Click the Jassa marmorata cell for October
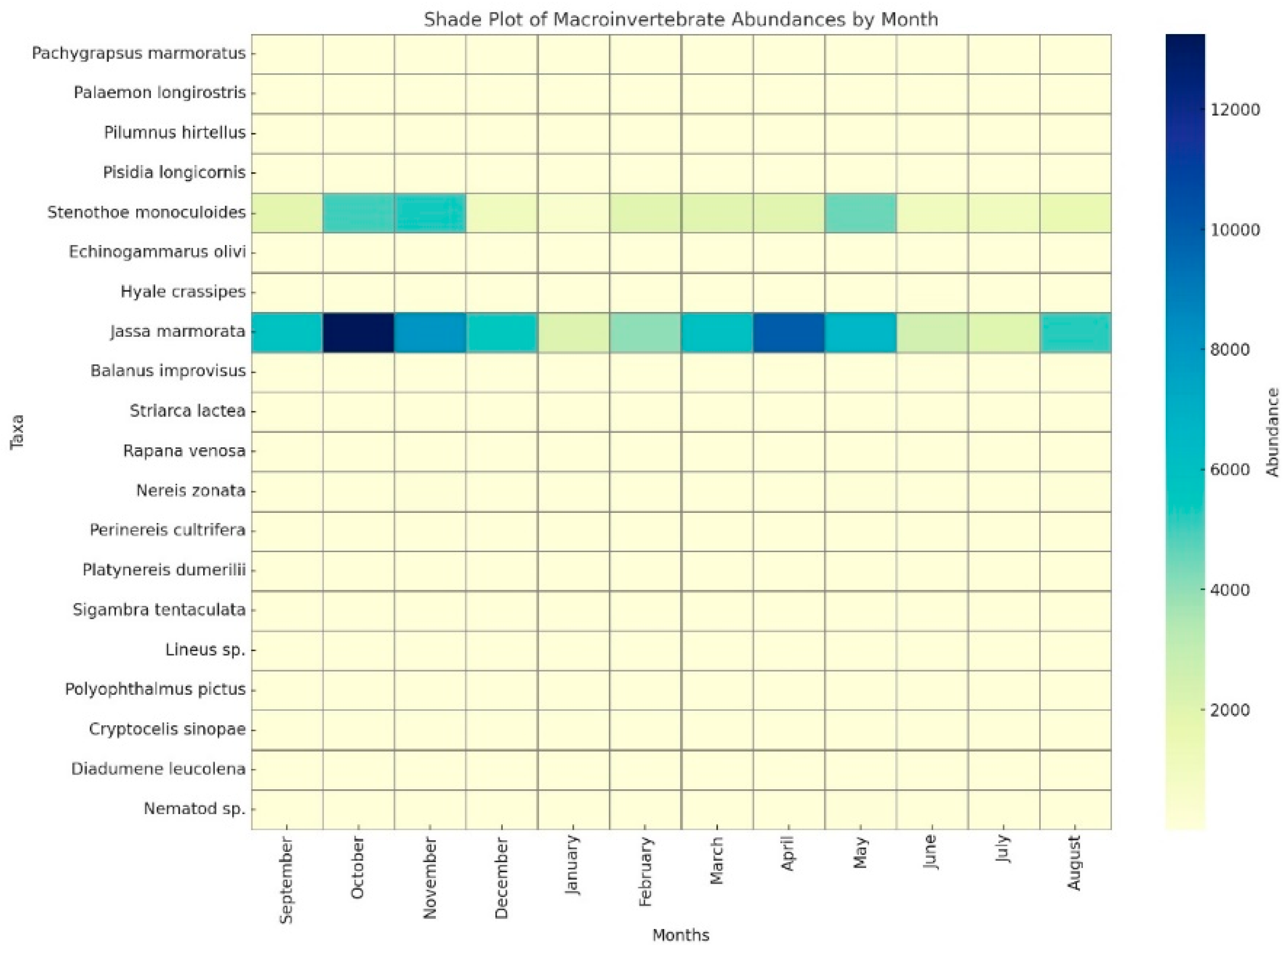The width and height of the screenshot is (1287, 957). click(x=358, y=332)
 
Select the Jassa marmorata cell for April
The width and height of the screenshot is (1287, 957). click(x=788, y=332)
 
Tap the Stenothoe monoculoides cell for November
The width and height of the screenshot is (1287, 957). click(x=430, y=212)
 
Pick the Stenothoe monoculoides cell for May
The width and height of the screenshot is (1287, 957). click(x=860, y=212)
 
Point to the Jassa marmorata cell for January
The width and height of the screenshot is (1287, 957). click(x=573, y=332)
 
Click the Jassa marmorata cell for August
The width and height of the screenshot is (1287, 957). click(x=1075, y=332)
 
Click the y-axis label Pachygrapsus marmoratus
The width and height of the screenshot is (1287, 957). click(x=139, y=53)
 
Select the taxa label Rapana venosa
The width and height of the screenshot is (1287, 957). click(x=184, y=451)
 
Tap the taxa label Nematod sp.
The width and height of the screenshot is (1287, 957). click(x=194, y=809)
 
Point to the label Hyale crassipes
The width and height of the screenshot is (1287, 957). click(x=183, y=292)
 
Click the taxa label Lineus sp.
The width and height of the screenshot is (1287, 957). click(x=205, y=649)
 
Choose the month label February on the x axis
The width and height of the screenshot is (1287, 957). click(x=645, y=872)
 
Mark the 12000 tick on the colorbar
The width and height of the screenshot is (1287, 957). click(x=1235, y=110)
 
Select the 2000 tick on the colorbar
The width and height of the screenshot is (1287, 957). click(x=1230, y=710)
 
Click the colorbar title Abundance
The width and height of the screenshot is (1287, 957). click(x=1272, y=432)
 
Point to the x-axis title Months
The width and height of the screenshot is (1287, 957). click(x=681, y=935)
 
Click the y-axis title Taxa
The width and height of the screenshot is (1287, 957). click(x=18, y=432)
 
